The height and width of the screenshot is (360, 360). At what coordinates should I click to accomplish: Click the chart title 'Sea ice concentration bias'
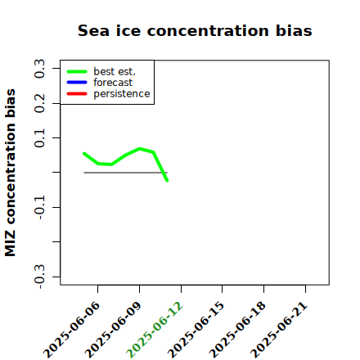coord(195,30)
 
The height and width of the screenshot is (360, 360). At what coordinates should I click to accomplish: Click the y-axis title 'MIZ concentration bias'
coord(11,173)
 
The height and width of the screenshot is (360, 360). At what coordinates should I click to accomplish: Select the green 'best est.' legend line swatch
coord(77,71)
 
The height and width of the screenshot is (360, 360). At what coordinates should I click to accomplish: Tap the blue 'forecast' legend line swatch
coord(77,83)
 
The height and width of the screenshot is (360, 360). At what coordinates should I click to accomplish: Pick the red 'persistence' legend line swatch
coord(77,94)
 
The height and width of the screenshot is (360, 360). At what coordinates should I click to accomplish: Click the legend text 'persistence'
coord(122,94)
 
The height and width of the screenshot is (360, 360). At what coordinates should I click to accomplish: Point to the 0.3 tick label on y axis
coord(39,69)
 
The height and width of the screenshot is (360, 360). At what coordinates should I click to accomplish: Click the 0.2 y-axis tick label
coord(39,103)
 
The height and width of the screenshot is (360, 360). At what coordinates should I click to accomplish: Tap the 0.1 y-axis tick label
coord(39,138)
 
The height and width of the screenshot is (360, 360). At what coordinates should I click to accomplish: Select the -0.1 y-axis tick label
coord(39,207)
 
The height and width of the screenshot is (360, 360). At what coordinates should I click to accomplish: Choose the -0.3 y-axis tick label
coord(39,277)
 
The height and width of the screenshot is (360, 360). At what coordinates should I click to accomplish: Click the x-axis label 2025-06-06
coord(72,330)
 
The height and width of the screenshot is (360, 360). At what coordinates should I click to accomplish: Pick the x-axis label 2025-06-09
coord(114,330)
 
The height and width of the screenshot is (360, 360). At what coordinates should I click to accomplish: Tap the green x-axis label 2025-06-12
coord(155,330)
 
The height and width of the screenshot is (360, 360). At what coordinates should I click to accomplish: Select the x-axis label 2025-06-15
coord(196,330)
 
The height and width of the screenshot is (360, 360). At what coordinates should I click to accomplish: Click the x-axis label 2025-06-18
coord(238,330)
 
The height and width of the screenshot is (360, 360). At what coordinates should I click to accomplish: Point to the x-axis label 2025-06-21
coord(280,330)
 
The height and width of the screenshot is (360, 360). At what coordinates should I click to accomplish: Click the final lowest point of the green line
coord(167,181)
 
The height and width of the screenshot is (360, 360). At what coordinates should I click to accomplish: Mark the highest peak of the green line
coord(140,149)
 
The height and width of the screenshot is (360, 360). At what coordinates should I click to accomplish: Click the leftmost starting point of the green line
coord(84,154)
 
